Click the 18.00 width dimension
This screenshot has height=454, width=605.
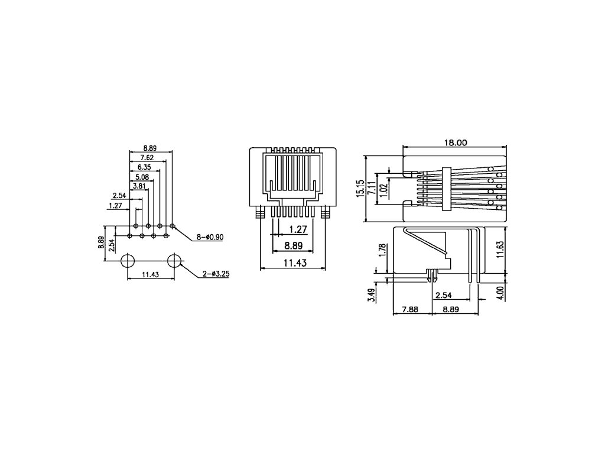point(455,142)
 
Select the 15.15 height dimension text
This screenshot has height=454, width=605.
point(360,189)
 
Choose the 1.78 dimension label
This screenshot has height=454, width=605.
point(383,251)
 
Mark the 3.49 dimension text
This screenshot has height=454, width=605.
point(371,294)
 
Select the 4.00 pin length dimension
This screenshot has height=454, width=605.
point(500,293)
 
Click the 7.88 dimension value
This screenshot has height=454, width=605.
point(411,309)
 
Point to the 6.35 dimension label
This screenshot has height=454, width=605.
point(144,167)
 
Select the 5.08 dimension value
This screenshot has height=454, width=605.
point(142,177)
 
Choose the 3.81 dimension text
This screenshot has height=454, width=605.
point(139,186)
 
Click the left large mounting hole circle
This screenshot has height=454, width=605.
point(128,261)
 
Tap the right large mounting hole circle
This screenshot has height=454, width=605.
point(174,261)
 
